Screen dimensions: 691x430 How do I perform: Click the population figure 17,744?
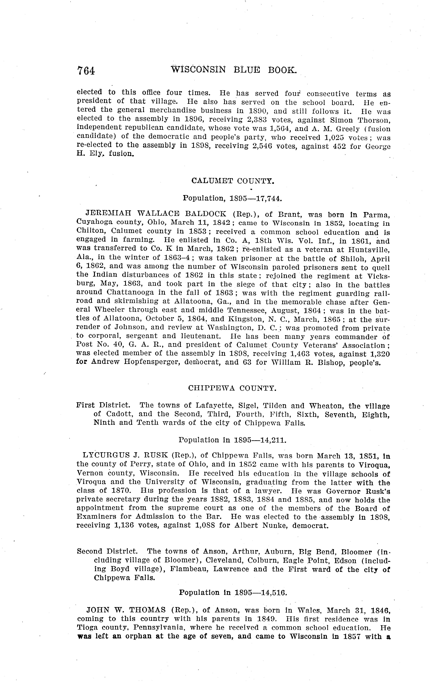click(269, 198)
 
